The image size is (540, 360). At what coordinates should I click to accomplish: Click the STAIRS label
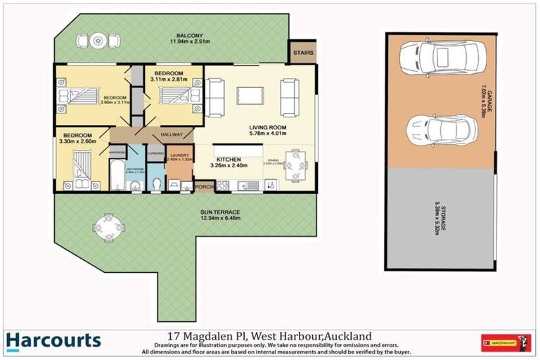(x=302, y=51)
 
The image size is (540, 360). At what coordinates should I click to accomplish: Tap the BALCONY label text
(x=190, y=36)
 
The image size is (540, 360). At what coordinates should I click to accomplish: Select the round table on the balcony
(x=98, y=40)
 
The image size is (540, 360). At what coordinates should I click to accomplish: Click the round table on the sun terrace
(x=109, y=226)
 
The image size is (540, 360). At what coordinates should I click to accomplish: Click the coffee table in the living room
(x=250, y=96)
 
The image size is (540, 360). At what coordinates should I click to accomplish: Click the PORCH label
(x=204, y=187)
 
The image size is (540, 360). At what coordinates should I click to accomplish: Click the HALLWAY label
(x=172, y=135)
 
